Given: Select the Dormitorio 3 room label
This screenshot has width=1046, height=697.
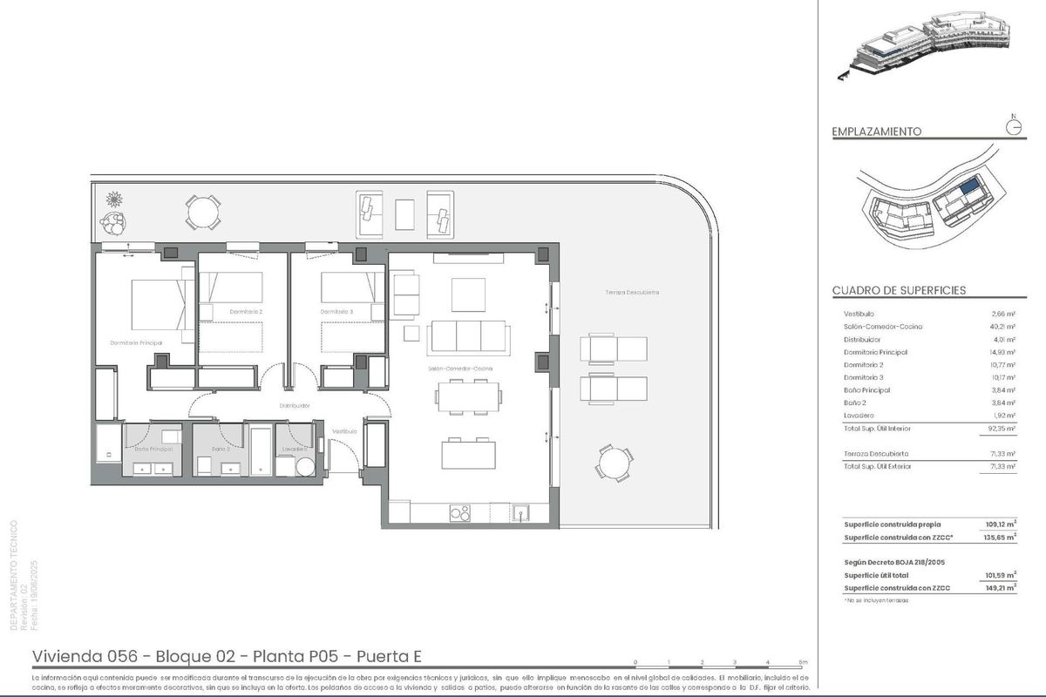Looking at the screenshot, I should [x=336, y=311].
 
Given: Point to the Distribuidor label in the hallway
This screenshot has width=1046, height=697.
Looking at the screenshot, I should [x=295, y=405].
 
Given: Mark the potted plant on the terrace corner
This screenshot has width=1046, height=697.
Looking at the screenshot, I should [x=112, y=209].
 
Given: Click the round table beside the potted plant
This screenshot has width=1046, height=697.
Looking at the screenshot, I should [x=202, y=210].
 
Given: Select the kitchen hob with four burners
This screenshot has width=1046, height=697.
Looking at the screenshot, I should [x=459, y=513].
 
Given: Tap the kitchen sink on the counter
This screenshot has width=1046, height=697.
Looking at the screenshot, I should [x=520, y=512].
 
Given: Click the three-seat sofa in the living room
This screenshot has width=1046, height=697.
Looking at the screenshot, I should [x=468, y=335].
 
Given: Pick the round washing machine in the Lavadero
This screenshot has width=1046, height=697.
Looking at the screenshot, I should [x=304, y=468].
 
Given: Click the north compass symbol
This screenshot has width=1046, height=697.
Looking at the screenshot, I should [x=1012, y=126].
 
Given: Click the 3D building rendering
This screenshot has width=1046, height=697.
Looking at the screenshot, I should [x=924, y=48].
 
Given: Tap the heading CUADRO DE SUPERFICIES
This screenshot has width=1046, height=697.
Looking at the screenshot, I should [x=899, y=290].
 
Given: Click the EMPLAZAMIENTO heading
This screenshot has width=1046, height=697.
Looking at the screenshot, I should [x=877, y=132].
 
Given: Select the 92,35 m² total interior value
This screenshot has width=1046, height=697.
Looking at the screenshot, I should [x=999, y=429].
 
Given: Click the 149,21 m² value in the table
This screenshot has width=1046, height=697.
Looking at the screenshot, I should [x=999, y=588].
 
